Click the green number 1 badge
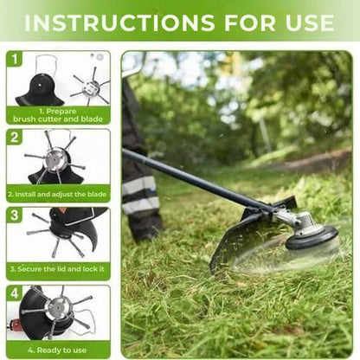(15, 59)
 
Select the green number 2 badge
(15, 138)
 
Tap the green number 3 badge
(15, 215)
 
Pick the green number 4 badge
(15, 293)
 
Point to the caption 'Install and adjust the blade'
(59, 194)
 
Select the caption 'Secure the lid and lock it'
(59, 272)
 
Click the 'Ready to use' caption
(59, 350)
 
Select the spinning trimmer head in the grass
(311, 238)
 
